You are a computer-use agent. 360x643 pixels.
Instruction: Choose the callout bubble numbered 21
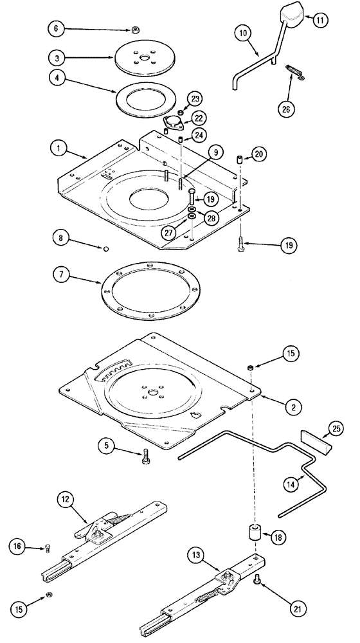coord(289,607)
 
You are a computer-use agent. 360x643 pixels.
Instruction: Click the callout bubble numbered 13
coord(199,554)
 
